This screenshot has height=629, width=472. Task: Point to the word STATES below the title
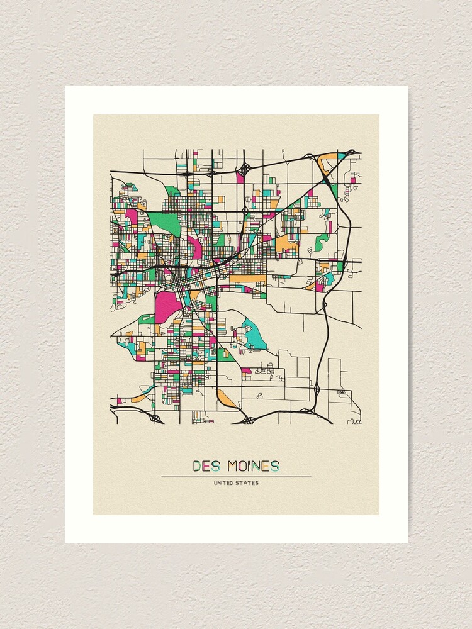(x=247, y=483)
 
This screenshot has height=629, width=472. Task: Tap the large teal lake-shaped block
(x=254, y=335)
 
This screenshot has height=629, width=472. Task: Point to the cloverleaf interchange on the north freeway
(x=244, y=169)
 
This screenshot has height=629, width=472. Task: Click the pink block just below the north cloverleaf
(x=240, y=179)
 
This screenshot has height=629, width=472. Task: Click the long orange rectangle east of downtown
(x=247, y=277)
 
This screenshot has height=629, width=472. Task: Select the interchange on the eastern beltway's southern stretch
(x=317, y=389)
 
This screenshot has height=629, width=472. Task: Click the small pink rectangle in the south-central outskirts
(x=246, y=370)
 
